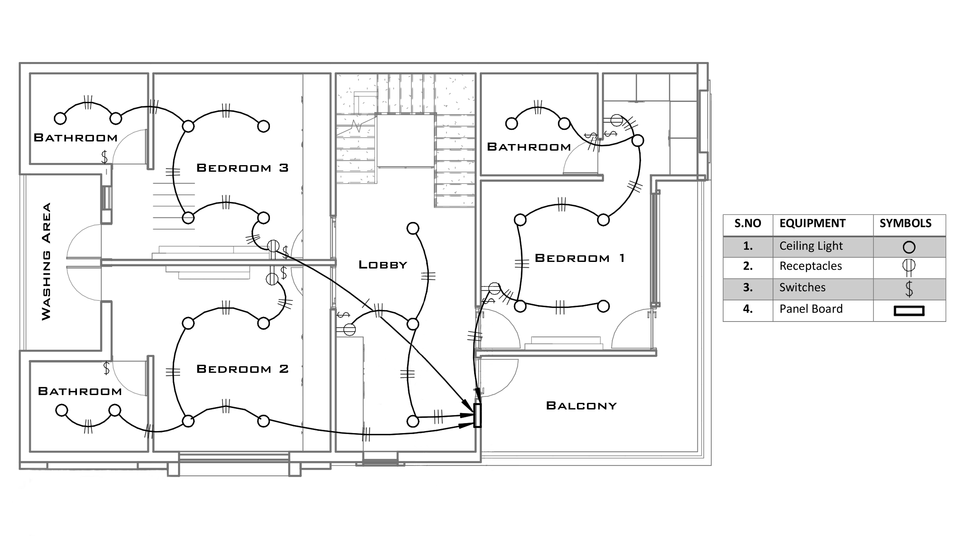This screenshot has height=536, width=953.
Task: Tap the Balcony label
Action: click(581, 406)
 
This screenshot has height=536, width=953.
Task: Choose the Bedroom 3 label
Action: click(242, 168)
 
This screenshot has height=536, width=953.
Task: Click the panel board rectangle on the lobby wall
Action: click(477, 415)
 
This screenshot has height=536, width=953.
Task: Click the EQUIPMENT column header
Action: click(812, 223)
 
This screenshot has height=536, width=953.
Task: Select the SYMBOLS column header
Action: click(905, 223)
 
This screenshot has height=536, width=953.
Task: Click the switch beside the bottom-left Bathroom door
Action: click(107, 368)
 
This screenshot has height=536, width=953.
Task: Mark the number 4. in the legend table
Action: click(748, 309)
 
